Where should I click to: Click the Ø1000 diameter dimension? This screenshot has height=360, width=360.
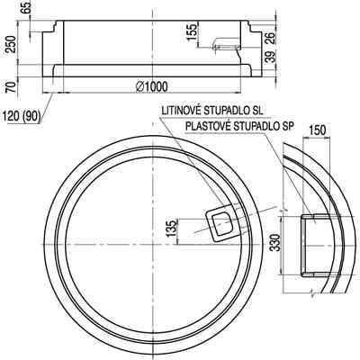(x=152, y=87)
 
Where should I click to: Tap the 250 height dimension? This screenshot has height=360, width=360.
(x=12, y=44)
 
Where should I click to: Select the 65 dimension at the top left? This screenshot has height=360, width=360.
(x=27, y=7)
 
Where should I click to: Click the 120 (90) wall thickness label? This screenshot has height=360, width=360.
(x=21, y=116)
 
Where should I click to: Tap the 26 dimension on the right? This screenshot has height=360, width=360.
(x=271, y=38)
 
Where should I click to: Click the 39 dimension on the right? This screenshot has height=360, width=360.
(x=271, y=57)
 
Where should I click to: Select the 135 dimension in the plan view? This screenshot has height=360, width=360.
(x=172, y=229)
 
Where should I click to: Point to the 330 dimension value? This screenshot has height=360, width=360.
(x=275, y=242)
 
